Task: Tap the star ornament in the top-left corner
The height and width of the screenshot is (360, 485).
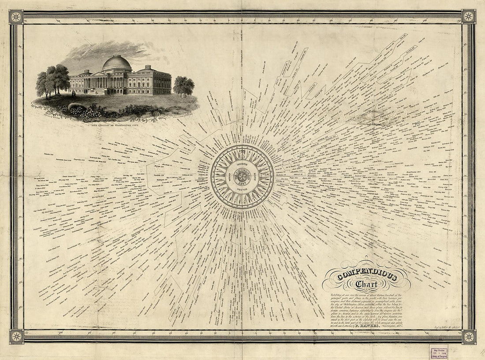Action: tap(16, 17)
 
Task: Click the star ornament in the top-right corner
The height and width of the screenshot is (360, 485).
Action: tap(469, 17)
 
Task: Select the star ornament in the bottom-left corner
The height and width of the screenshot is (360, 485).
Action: tap(16, 336)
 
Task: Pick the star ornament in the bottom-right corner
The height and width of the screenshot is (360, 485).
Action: tap(469, 337)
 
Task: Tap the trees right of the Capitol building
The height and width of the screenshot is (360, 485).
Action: tap(184, 85)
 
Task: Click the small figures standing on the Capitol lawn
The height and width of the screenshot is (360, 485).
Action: tap(74, 93)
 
